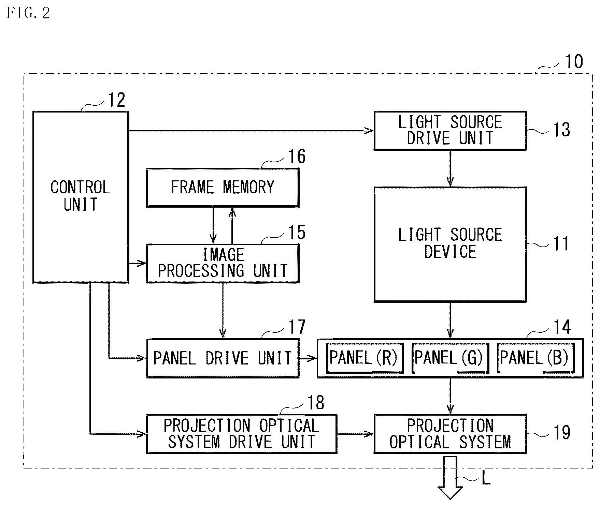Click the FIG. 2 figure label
pyautogui.click(x=28, y=13)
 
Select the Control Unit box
pyautogui.click(x=81, y=197)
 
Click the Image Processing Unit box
pyautogui.click(x=223, y=263)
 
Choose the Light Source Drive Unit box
pyautogui.click(x=450, y=131)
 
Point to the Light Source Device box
pyautogui.click(x=450, y=244)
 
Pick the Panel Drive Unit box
pyautogui.click(x=223, y=358)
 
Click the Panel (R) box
pyautogui.click(x=365, y=358)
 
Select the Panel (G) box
pyautogui.click(x=450, y=358)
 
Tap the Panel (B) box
pyautogui.click(x=535, y=358)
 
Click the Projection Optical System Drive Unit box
pyautogui.click(x=242, y=434)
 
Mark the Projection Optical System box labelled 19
pyautogui.click(x=450, y=434)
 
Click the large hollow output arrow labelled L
pyautogui.click(x=450, y=477)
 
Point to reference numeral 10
pyautogui.click(x=574, y=62)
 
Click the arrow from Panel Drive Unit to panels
pyautogui.click(x=308, y=358)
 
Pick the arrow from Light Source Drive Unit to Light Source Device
pyautogui.click(x=450, y=168)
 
